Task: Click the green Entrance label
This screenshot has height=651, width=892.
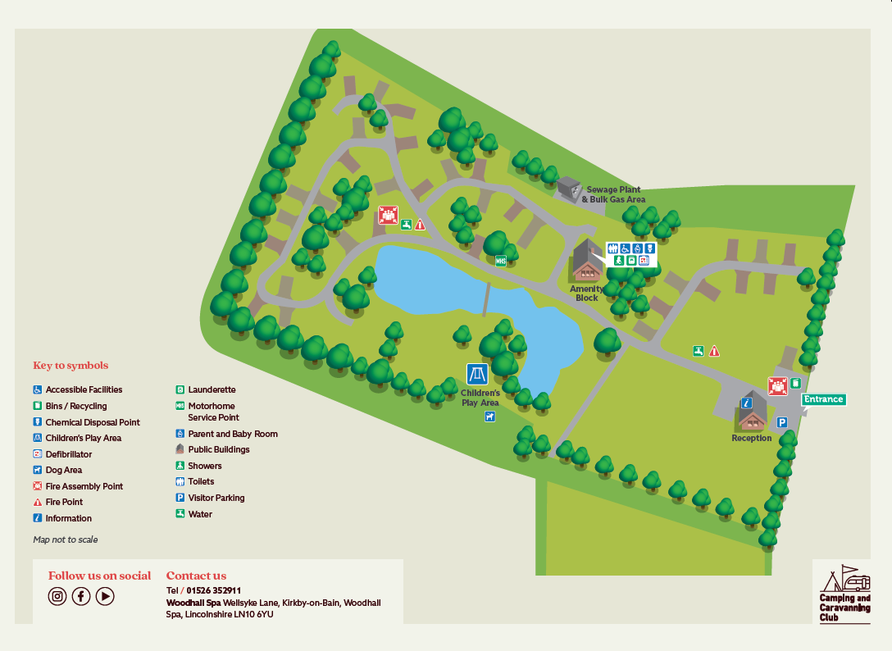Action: (823, 399)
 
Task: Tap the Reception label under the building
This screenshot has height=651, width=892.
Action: (752, 438)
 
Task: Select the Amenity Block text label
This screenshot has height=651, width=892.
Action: (587, 293)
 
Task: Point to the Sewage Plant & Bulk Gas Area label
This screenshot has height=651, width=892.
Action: (613, 194)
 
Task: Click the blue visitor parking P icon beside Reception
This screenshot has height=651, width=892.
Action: (782, 422)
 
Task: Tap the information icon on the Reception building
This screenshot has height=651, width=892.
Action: (746, 403)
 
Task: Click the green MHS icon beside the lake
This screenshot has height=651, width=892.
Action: (501, 261)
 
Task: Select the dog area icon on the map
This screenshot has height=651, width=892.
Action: (489, 417)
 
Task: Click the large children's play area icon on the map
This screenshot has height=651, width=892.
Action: (477, 375)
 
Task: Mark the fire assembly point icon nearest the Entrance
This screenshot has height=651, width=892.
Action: (777, 385)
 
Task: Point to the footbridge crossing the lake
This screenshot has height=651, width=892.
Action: (486, 298)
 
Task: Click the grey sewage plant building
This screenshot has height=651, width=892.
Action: (568, 189)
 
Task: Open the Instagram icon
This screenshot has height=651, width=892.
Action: (57, 596)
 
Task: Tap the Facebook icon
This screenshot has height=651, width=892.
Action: (81, 596)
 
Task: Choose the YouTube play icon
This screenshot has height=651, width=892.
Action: (105, 596)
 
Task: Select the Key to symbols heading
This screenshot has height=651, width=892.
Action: (71, 366)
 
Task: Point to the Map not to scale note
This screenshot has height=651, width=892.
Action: (66, 539)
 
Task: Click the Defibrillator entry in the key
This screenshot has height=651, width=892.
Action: (68, 454)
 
